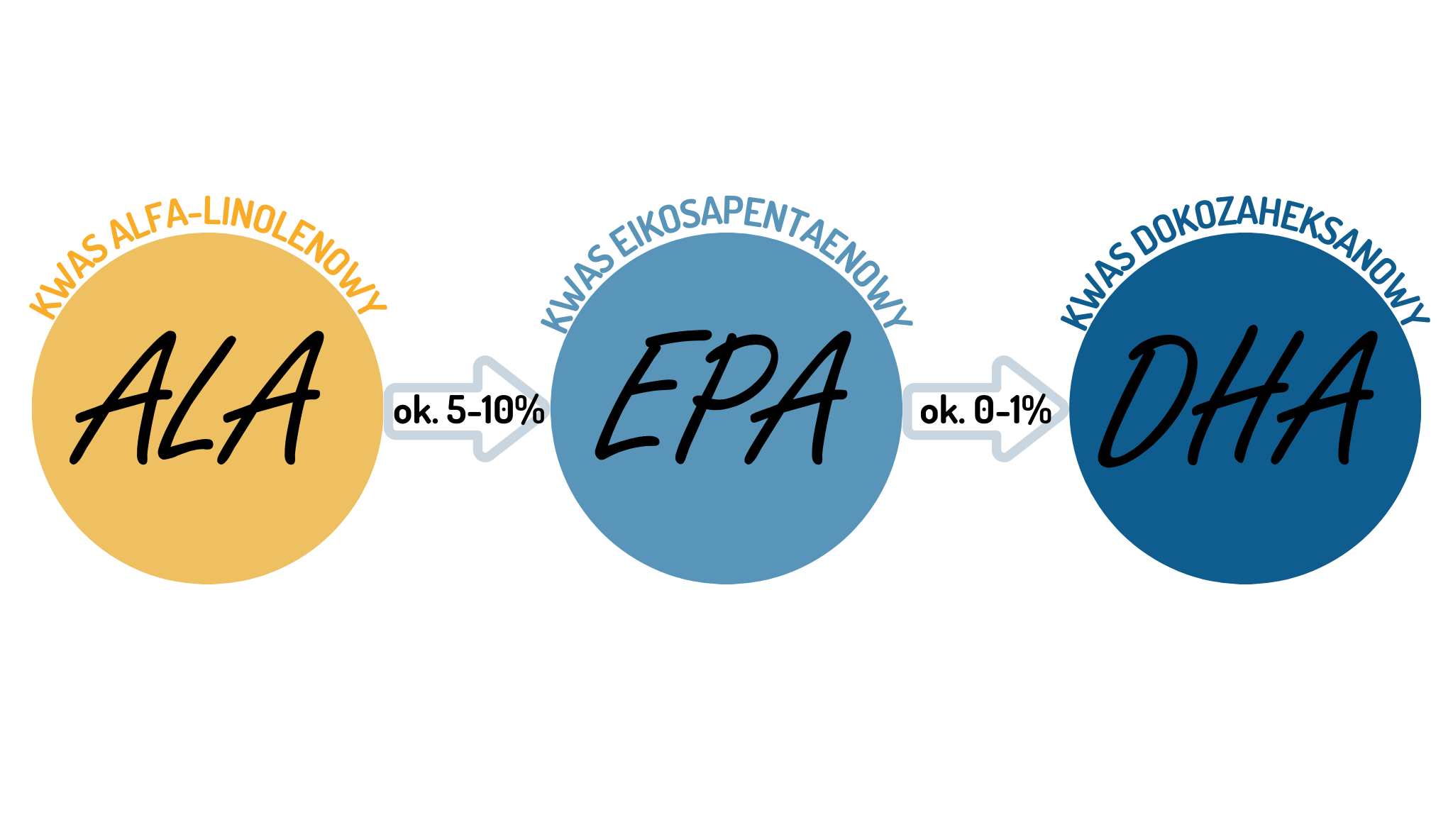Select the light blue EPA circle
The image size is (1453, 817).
click(x=726, y=518)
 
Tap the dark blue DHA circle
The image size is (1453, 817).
click(x=1245, y=518)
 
